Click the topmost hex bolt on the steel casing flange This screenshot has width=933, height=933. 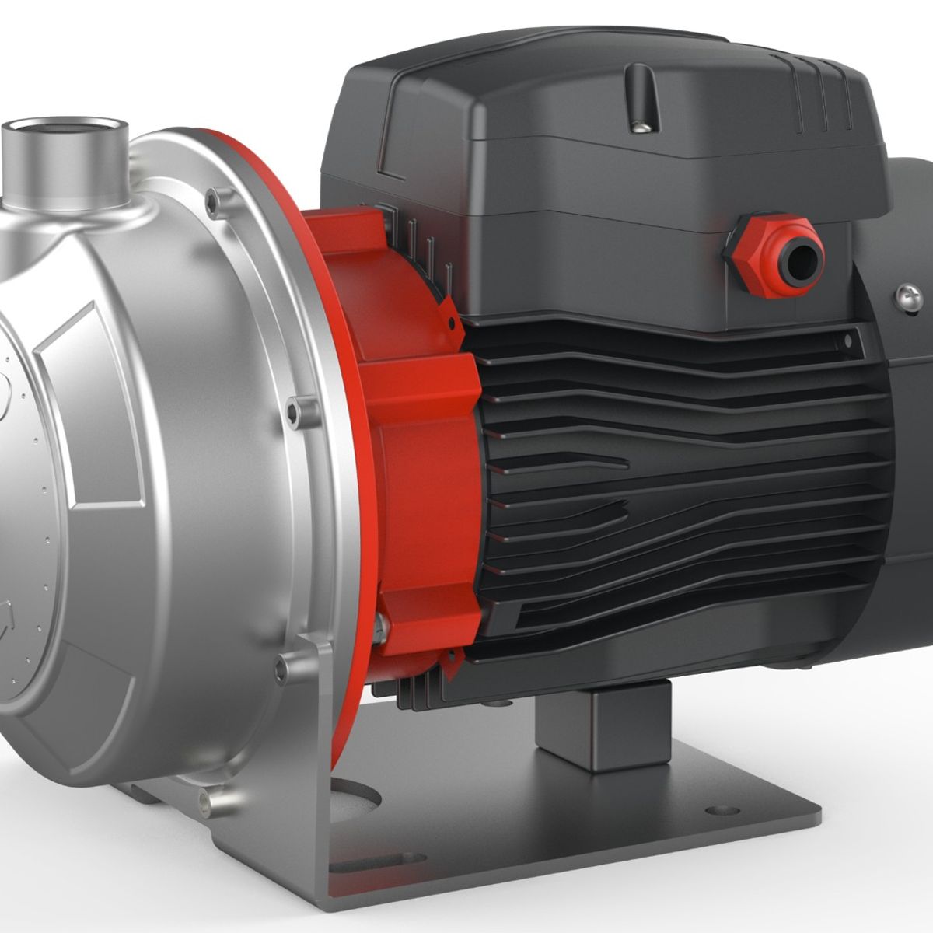[212, 204]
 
